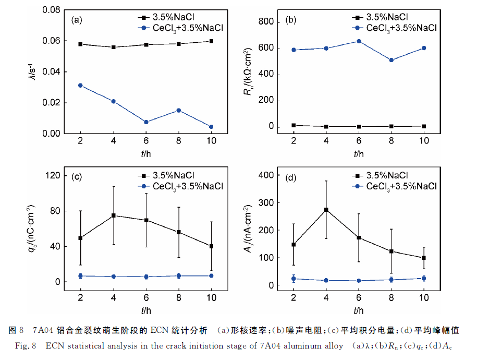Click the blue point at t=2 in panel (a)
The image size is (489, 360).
pos(80,85)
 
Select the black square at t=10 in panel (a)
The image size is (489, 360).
pos(211,41)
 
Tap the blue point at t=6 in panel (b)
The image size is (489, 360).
pos(359,41)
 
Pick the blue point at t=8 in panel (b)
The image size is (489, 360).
pos(391,60)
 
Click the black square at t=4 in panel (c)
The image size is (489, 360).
pos(113,215)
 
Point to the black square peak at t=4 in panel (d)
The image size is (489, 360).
pos(326,210)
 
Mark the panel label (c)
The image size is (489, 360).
pos(77,177)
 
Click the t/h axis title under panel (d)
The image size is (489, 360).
pos(359,311)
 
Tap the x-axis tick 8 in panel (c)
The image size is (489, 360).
pos(178,297)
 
